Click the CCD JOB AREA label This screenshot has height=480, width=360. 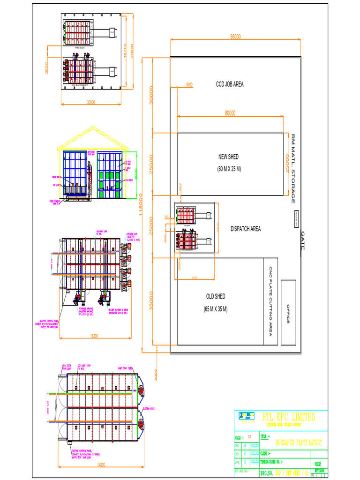(x=230, y=84)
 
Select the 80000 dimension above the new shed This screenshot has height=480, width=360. (x=230, y=113)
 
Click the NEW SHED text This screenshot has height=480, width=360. (x=228, y=157)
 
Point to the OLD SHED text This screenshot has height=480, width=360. (x=216, y=296)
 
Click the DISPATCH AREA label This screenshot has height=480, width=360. (x=246, y=229)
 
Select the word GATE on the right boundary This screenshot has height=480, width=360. (x=303, y=240)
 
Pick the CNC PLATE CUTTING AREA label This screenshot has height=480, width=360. (x=270, y=301)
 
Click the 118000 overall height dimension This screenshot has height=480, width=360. (x=141, y=205)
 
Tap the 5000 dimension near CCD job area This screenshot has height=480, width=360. (x=189, y=85)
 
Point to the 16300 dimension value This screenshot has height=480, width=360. (x=94, y=336)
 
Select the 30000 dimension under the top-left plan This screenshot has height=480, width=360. (x=91, y=102)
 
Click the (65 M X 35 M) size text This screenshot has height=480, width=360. (x=216, y=309)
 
